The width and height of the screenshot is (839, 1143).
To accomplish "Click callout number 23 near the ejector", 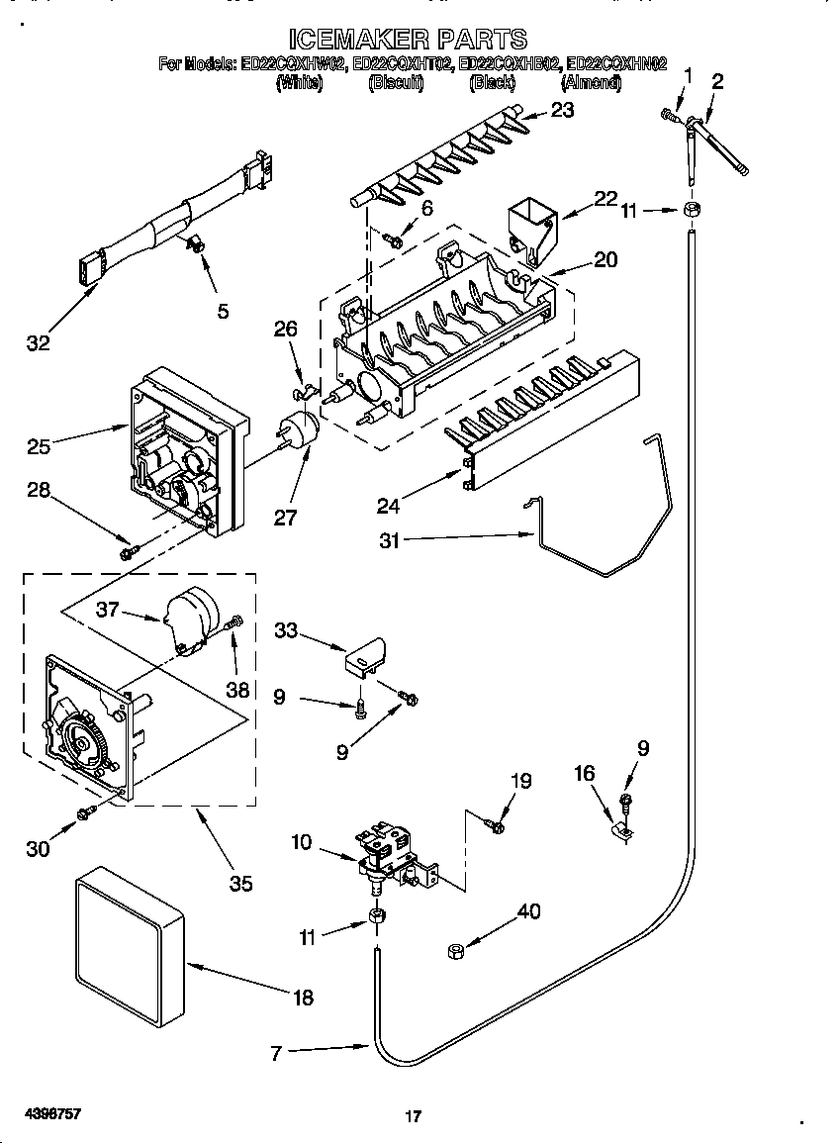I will point(561,111).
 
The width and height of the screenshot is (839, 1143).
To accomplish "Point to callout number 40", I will point(529,911).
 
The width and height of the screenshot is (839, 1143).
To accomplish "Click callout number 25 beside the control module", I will point(39,446).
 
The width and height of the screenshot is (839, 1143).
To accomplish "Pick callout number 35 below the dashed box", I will point(239,883).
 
